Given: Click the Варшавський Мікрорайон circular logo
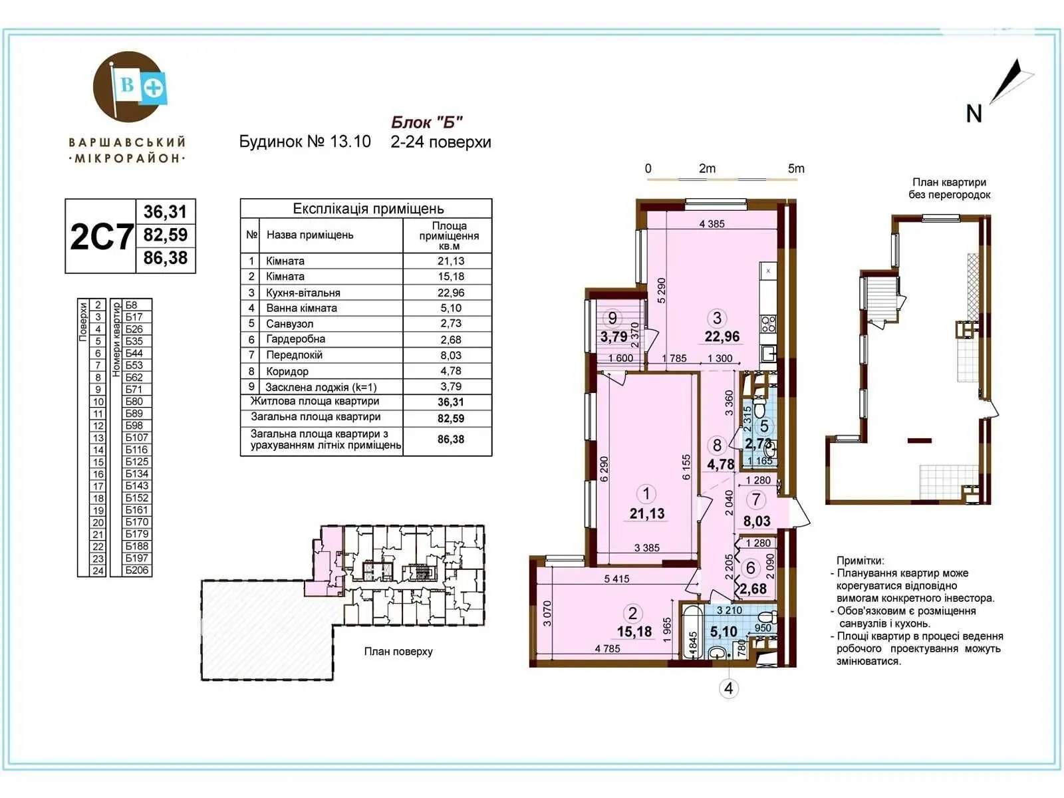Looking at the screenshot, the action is click(128, 87).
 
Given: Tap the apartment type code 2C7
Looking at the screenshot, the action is click(101, 237).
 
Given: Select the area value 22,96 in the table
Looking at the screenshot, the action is click(450, 293).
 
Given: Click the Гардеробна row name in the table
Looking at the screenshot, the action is click(295, 339).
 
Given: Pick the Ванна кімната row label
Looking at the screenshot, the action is click(301, 308).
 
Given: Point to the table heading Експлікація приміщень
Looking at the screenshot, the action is click(368, 209).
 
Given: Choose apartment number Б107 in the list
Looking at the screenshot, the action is click(137, 438).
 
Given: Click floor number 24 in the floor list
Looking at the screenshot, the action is click(98, 571).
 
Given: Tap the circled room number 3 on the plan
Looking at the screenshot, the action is click(717, 318).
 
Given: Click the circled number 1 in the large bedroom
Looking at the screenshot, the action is click(646, 493).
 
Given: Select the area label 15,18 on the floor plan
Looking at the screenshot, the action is click(634, 632).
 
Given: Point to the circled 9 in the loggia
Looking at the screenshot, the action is click(612, 318).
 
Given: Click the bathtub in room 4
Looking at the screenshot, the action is click(693, 630).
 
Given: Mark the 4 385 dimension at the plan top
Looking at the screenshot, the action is click(712, 224).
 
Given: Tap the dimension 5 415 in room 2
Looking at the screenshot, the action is click(616, 579).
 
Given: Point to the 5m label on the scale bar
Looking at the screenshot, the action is click(796, 169).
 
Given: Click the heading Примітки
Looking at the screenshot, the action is click(861, 561).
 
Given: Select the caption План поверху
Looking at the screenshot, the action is click(398, 652).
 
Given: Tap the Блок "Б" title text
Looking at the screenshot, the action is click(426, 122).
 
